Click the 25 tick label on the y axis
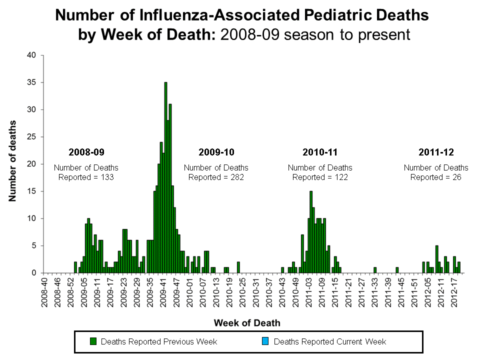tap(31, 137)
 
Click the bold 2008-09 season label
tap(86, 151)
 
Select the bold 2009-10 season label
tap(216, 151)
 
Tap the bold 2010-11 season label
tap(320, 151)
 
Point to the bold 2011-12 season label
tap(436, 151)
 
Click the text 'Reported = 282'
tap(216, 177)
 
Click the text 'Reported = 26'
tap(436, 177)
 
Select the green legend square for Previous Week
tap(93, 341)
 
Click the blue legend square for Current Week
tap(266, 341)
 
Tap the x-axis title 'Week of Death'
tap(247, 322)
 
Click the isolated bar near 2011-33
tap(374, 270)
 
